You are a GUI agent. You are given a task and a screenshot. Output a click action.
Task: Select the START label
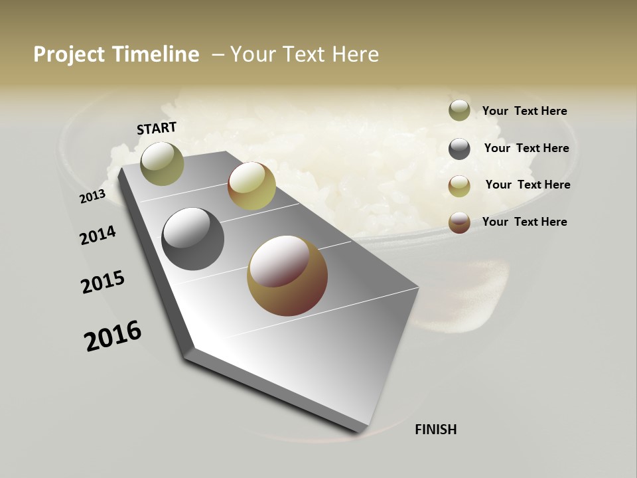[x=157, y=128]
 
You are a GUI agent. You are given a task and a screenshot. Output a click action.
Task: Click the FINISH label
[x=436, y=430]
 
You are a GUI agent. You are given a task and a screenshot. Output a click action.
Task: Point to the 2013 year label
[x=92, y=196]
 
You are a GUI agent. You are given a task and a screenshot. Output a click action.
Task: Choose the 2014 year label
[x=98, y=235]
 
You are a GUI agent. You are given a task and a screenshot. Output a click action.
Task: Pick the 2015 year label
[x=103, y=282]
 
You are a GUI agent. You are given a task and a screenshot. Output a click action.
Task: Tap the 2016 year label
[x=113, y=335]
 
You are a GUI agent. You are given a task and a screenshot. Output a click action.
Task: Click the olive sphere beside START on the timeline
[x=163, y=163]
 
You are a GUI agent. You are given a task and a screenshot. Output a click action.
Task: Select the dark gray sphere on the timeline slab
[x=192, y=239]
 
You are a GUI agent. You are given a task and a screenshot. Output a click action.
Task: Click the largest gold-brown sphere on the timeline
[x=287, y=276]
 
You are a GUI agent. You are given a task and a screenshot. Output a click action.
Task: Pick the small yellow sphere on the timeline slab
[x=251, y=186]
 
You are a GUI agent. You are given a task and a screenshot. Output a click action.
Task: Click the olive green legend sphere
[x=459, y=111]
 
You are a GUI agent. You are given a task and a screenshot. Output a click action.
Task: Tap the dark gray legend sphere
[x=459, y=149]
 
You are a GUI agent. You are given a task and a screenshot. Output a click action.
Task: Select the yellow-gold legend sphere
[x=459, y=186]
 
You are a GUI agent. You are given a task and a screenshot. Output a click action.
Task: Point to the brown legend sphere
[x=459, y=222]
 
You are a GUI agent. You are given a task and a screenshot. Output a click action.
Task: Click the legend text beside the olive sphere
[x=524, y=111]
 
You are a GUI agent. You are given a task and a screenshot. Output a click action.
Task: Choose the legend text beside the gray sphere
[x=526, y=148]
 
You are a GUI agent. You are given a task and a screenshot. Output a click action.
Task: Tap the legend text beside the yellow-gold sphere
[x=528, y=185]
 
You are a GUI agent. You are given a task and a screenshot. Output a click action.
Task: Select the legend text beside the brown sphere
[x=524, y=222]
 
